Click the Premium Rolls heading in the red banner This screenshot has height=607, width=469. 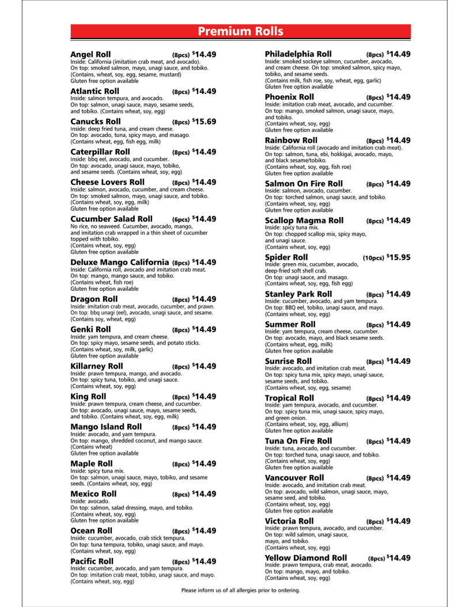[x=240, y=31]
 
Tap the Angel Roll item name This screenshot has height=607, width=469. [x=90, y=54]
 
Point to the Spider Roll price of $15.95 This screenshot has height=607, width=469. [x=398, y=257]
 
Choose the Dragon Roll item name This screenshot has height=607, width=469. [x=94, y=299]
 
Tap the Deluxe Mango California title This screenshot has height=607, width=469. [x=120, y=262]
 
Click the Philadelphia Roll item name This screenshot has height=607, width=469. [x=298, y=54]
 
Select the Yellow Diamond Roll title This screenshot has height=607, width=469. [x=306, y=558]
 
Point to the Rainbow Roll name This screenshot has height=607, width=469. [x=291, y=141]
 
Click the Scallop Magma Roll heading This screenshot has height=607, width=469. [x=304, y=221]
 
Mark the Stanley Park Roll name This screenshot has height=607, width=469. [x=298, y=294]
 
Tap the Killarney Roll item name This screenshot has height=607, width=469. [x=97, y=366]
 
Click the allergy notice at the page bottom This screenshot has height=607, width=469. [x=240, y=590]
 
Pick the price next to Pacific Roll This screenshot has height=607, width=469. [x=204, y=561]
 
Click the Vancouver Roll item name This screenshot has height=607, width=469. [x=294, y=478]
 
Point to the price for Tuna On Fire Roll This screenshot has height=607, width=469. [x=398, y=441]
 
